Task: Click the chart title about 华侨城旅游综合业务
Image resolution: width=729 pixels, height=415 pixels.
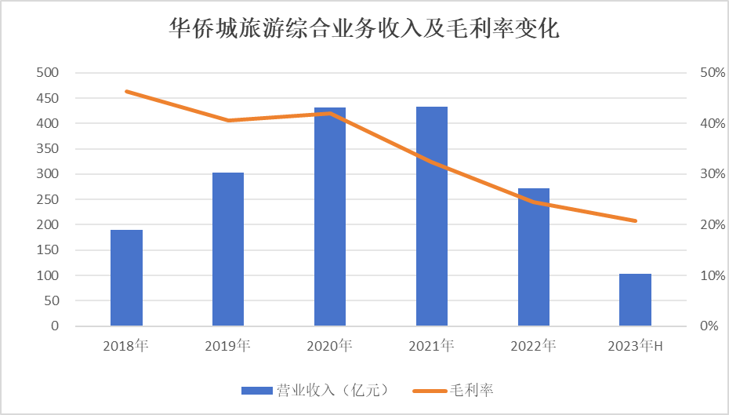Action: pos(364,30)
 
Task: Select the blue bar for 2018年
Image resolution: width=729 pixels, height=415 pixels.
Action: pos(126,278)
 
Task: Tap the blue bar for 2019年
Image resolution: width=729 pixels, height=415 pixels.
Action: pos(228,249)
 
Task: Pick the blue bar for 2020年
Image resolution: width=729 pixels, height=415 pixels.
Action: pos(330,217)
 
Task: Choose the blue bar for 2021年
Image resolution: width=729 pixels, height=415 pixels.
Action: pos(432,216)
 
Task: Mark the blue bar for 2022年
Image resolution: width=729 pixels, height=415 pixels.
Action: pos(534,257)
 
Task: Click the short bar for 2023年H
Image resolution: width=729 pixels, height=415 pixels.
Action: pos(635,300)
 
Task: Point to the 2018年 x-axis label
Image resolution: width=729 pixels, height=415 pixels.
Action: pos(126,345)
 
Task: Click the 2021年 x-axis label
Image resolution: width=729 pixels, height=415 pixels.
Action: pos(432,345)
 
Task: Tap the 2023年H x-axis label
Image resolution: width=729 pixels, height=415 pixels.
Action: pos(636,345)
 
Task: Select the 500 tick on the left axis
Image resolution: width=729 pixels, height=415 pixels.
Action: pos(49,73)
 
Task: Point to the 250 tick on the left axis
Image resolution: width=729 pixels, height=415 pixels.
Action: pos(49,199)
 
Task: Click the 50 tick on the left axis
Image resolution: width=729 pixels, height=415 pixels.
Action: pos(52,300)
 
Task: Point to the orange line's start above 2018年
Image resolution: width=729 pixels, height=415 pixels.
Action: pos(126,91)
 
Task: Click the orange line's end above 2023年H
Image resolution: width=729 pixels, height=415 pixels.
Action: pos(635,221)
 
